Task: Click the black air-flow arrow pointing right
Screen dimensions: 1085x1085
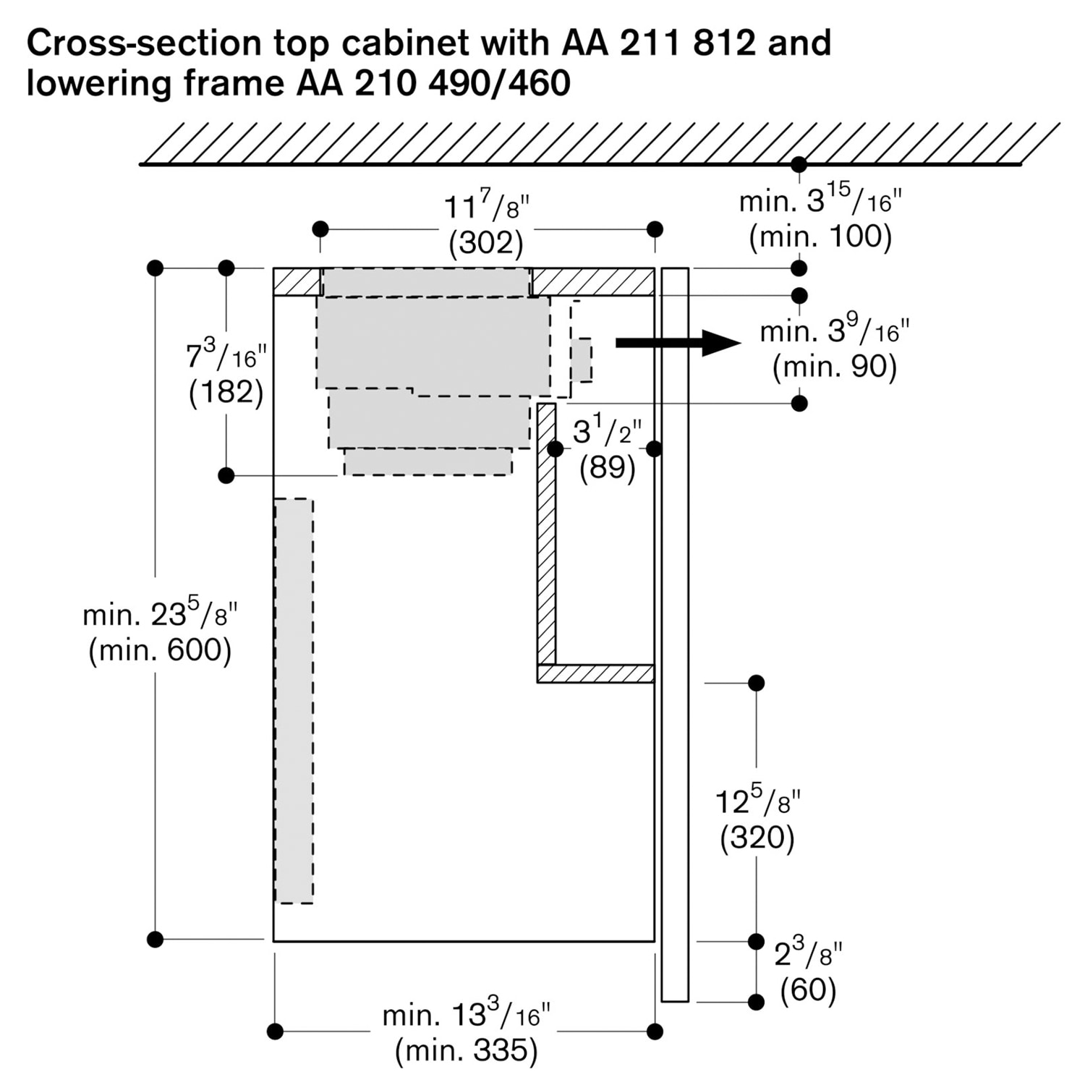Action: pyautogui.click(x=676, y=343)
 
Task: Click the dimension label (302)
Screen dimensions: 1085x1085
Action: pyautogui.click(x=485, y=243)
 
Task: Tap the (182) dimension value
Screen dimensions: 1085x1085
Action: pyautogui.click(x=226, y=392)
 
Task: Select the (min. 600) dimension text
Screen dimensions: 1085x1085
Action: pyautogui.click(x=160, y=650)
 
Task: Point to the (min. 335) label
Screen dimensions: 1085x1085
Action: pyautogui.click(x=467, y=1050)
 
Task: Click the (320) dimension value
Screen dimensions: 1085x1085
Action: pyautogui.click(x=757, y=838)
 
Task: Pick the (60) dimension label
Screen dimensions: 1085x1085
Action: pyautogui.click(x=808, y=989)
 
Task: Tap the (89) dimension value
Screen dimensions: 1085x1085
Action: pyautogui.click(x=607, y=467)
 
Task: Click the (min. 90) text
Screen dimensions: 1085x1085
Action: pyautogui.click(x=834, y=367)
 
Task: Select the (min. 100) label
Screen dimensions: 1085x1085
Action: pyautogui.click(x=820, y=237)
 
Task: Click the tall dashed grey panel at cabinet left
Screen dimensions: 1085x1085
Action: pyautogui.click(x=294, y=700)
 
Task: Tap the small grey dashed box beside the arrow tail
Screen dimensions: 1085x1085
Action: pyautogui.click(x=581, y=359)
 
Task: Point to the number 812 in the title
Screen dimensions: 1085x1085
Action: pyautogui.click(x=723, y=43)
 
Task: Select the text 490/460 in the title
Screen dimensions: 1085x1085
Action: pyautogui.click(x=499, y=82)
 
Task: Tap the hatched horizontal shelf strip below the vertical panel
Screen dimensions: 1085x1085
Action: pyautogui.click(x=595, y=673)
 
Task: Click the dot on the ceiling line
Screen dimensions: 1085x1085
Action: pyautogui.click(x=799, y=164)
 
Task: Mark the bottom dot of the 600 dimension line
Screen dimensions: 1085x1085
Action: pyautogui.click(x=155, y=939)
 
